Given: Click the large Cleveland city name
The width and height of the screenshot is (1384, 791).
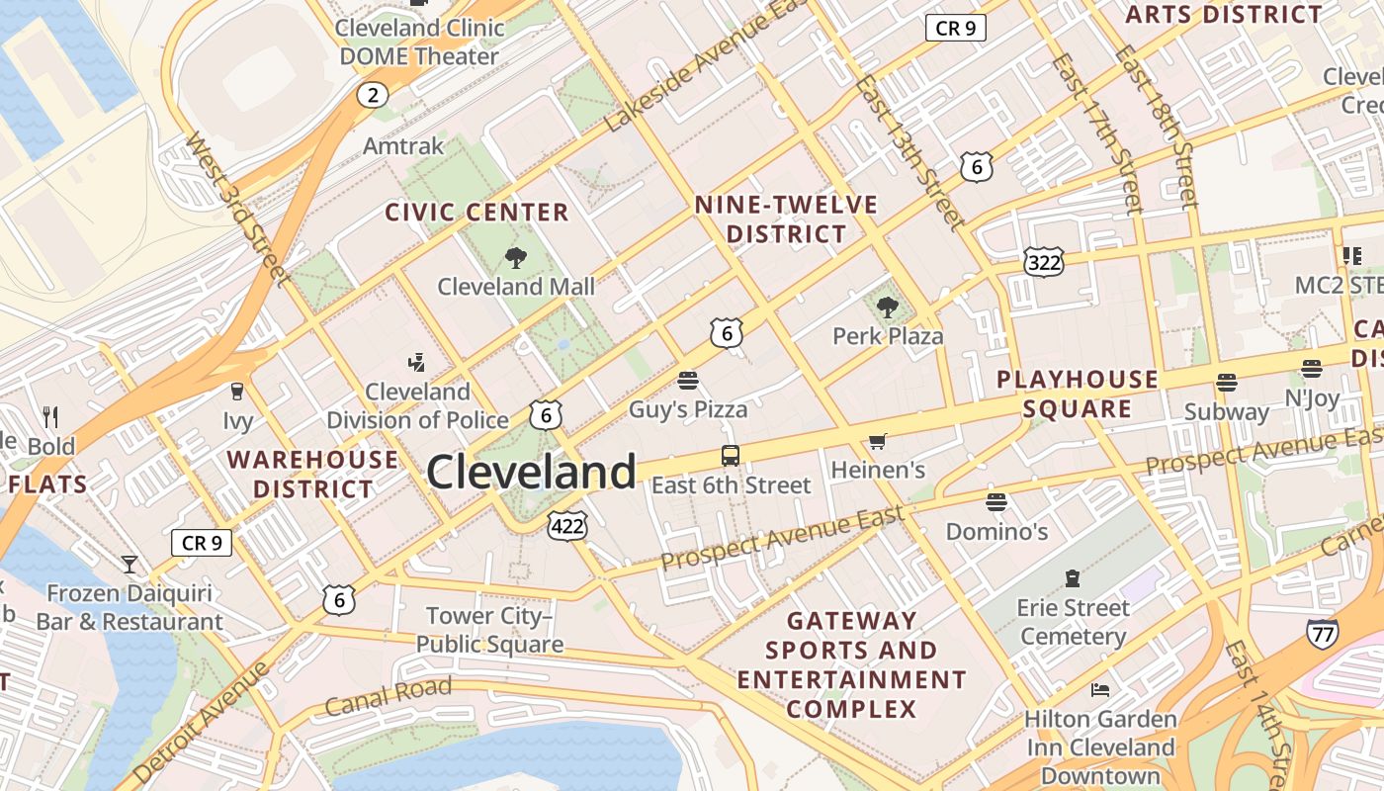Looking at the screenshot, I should (531, 473).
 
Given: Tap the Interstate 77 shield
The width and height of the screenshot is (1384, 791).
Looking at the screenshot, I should (1322, 633).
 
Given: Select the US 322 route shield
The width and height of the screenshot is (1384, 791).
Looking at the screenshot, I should (1044, 262).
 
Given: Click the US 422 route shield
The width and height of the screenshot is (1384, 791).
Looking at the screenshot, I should (568, 526).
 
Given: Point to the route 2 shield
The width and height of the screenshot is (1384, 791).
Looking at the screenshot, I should (372, 95).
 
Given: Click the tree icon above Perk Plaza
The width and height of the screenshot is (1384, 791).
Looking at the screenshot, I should (888, 308).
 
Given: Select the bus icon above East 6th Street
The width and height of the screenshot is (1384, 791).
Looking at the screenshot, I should (730, 456).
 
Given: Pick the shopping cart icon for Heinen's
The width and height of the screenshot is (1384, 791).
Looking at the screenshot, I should (877, 441).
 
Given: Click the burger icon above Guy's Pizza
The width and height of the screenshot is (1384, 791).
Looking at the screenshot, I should (688, 380).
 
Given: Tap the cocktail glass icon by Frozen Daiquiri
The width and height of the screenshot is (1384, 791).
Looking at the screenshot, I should (130, 565).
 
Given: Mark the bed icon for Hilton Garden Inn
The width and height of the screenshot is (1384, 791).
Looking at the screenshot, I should (1099, 689).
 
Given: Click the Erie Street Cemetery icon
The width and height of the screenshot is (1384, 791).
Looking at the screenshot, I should (1073, 577).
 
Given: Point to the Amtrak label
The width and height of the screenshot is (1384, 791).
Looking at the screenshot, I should (403, 146).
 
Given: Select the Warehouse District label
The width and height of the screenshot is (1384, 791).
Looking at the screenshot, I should (312, 474).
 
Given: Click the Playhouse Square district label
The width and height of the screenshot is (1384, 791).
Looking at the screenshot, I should (1078, 394).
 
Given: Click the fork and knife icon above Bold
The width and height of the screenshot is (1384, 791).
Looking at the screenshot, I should (50, 417).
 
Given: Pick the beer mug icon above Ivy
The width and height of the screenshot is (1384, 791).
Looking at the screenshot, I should (236, 392).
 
